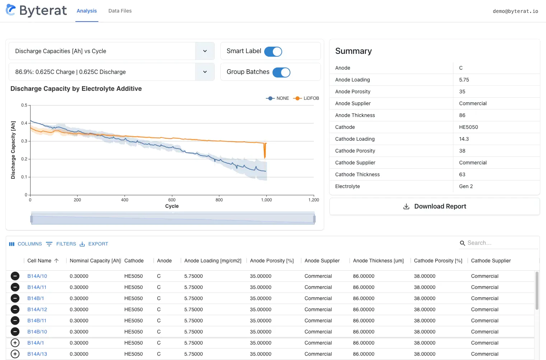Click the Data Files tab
[x=120, y=11]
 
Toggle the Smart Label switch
[x=273, y=52]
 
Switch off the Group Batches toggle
[x=281, y=73]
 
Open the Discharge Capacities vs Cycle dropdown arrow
[x=205, y=51]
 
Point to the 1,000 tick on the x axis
[x=266, y=200]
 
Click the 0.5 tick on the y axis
[x=24, y=105]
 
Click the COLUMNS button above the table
[x=25, y=244]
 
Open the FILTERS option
[x=61, y=244]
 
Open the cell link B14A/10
[x=37, y=276]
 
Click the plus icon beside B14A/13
[x=15, y=354]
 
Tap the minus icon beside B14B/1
[x=15, y=298]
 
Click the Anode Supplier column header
[x=322, y=261]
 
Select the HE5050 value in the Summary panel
[x=468, y=127]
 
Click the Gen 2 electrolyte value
[x=466, y=186]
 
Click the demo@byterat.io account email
[x=515, y=11]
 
